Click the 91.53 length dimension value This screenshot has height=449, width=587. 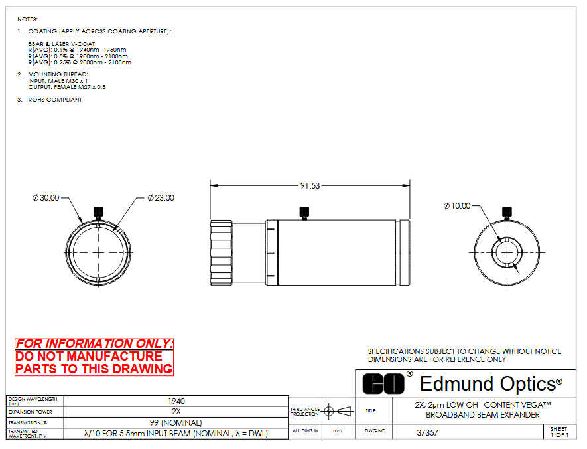pyautogui.click(x=310, y=185)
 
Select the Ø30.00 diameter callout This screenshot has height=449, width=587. pyautogui.click(x=46, y=197)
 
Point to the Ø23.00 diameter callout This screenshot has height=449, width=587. pyautogui.click(x=161, y=197)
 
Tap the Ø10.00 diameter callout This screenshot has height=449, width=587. pyautogui.click(x=457, y=205)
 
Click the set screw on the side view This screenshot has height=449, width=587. pyautogui.click(x=304, y=213)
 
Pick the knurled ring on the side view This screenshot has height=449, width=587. pyautogui.click(x=222, y=253)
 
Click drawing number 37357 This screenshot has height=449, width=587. pyautogui.click(x=427, y=433)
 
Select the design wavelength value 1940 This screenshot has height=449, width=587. pyautogui.click(x=176, y=401)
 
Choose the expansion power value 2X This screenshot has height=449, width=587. pyautogui.click(x=176, y=412)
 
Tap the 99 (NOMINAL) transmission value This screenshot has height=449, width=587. pyautogui.click(x=176, y=423)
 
